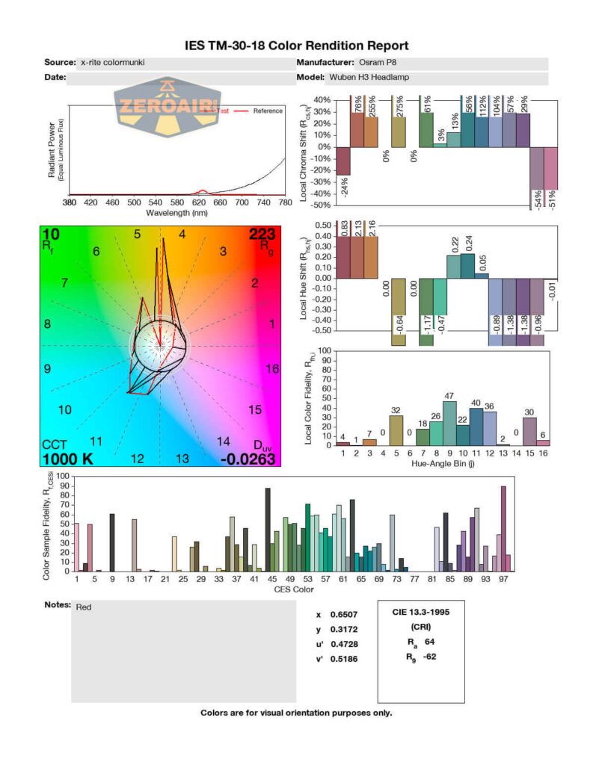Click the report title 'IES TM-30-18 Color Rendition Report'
tap(296, 46)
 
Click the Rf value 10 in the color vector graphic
tap(51, 235)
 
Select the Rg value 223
tap(262, 235)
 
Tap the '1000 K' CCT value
tap(67, 458)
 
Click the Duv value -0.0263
tap(250, 458)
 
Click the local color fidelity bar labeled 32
tap(396, 430)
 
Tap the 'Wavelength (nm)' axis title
tap(176, 212)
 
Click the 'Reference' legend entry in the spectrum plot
tap(267, 111)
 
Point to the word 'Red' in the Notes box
tap(85, 608)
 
